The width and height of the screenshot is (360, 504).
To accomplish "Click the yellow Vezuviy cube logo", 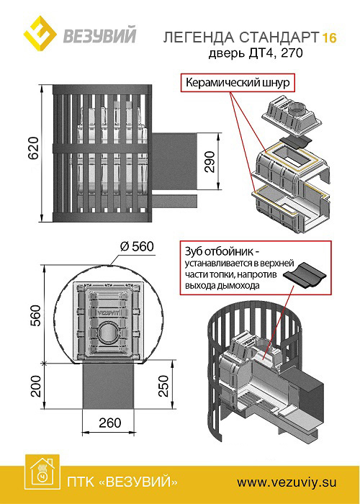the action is click(40, 33).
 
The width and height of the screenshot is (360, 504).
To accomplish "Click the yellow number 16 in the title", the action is click(329, 38).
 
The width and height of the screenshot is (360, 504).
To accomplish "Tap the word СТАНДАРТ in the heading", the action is click(279, 38).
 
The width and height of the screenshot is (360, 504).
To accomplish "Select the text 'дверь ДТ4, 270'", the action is click(256, 53).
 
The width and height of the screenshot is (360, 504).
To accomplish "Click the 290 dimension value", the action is click(210, 162).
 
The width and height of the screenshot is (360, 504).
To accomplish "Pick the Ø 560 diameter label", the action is click(137, 247).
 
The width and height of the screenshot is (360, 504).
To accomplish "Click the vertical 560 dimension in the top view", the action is click(36, 315).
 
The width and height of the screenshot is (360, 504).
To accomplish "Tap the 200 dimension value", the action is click(36, 387).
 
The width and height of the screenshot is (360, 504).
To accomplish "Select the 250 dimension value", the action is click(163, 386).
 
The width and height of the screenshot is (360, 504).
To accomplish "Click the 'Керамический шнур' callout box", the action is click(238, 83).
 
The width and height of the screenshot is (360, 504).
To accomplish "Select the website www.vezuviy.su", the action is click(287, 482).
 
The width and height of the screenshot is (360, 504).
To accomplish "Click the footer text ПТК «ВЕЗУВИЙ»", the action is click(122, 482).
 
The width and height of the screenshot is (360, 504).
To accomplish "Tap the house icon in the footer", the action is click(42, 474).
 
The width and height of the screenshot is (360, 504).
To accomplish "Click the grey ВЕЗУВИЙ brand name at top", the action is click(99, 35).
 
